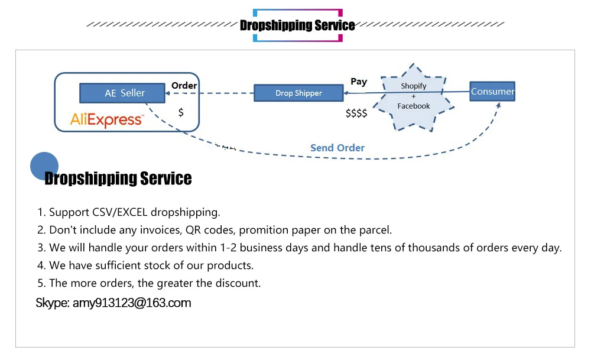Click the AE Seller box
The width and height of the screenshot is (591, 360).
pyautogui.click(x=125, y=93)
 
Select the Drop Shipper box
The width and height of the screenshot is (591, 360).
pyautogui.click(x=298, y=93)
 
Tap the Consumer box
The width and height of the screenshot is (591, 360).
pyautogui.click(x=492, y=91)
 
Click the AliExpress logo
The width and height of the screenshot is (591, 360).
pyautogui.click(x=107, y=120)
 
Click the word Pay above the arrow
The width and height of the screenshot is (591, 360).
pyautogui.click(x=359, y=82)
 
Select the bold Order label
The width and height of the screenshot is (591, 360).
pyautogui.click(x=184, y=86)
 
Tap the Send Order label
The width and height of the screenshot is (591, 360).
pyautogui.click(x=337, y=148)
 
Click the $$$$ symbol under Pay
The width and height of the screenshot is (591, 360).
pyautogui.click(x=356, y=113)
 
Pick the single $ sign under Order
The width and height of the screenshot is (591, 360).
pyautogui.click(x=181, y=112)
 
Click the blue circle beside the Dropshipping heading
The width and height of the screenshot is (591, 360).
pyautogui.click(x=44, y=166)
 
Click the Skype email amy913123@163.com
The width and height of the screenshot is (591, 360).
pyautogui.click(x=132, y=303)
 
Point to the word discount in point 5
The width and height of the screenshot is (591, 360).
pyautogui.click(x=238, y=283)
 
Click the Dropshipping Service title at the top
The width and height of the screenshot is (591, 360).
pyautogui.click(x=297, y=25)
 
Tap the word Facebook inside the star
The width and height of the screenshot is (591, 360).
pyautogui.click(x=414, y=106)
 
